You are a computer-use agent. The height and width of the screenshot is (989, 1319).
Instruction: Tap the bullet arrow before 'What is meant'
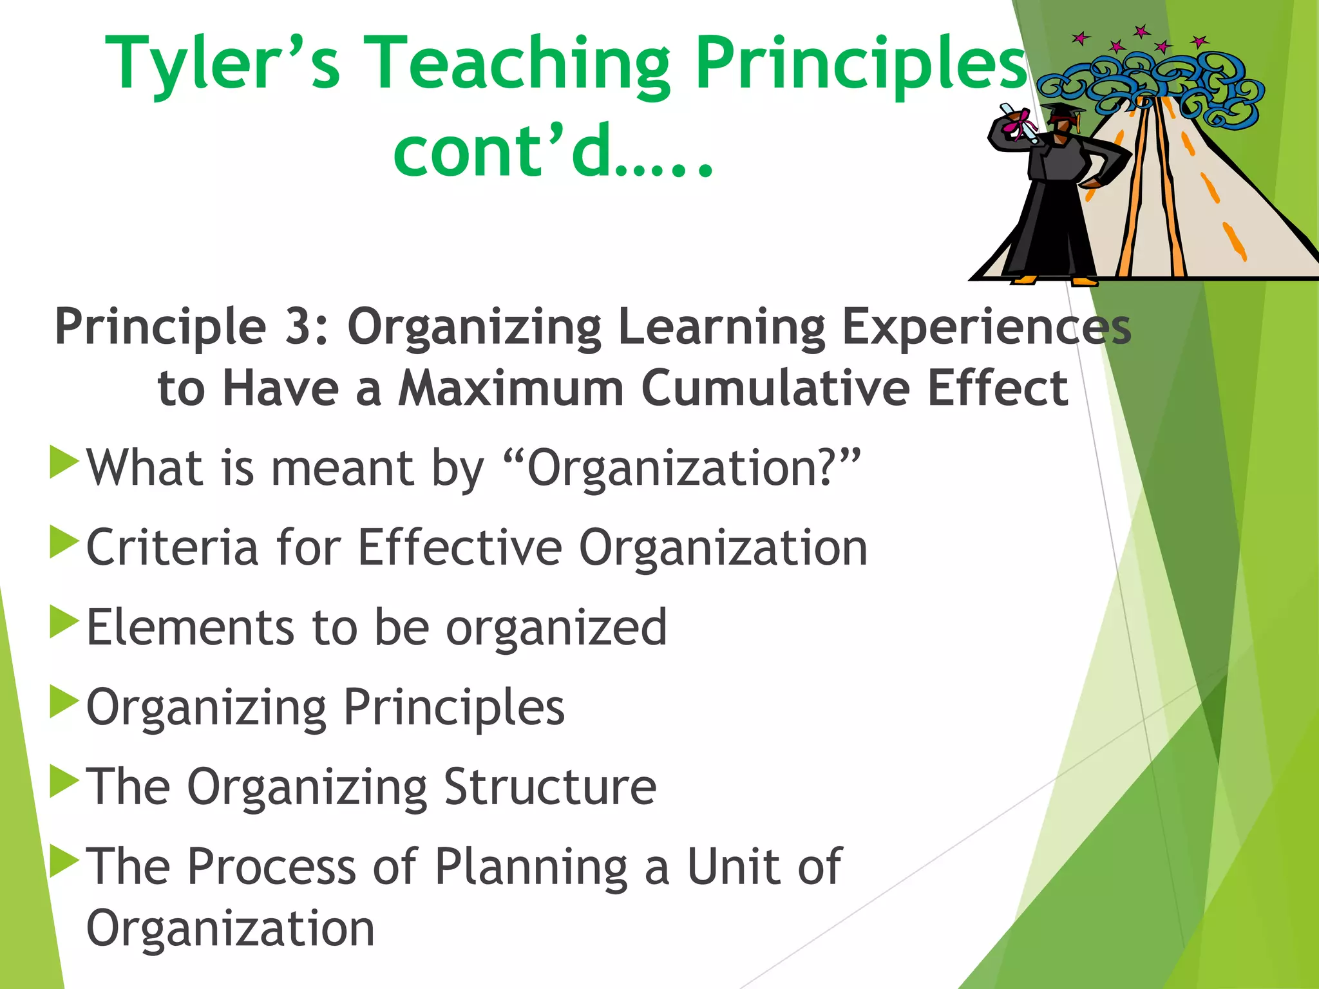pos(64,462)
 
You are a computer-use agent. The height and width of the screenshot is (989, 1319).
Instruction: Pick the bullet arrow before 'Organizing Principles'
pos(64,701)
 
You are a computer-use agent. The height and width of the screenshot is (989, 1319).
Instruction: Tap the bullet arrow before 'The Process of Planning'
pos(64,861)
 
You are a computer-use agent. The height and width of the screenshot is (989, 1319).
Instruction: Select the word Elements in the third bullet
pos(190,628)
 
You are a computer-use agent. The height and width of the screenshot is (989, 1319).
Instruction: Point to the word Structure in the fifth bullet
pos(550,787)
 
